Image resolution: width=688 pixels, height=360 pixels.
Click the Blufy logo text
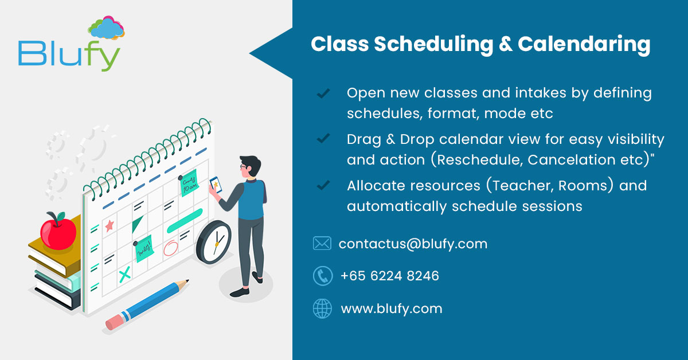[x=69, y=54]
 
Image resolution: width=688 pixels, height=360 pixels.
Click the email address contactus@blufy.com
[x=413, y=244]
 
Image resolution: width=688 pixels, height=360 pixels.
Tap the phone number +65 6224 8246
[x=389, y=276]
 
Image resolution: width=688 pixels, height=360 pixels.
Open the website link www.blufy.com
[x=392, y=309]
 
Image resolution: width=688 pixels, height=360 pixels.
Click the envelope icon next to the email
[x=322, y=244]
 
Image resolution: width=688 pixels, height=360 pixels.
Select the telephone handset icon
[x=322, y=276]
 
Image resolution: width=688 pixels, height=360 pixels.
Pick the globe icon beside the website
[x=322, y=309]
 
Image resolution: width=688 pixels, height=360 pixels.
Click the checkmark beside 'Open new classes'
[x=323, y=92]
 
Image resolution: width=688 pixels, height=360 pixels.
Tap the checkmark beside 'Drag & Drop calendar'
[x=323, y=139]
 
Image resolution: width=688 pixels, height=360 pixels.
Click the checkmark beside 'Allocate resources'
[x=323, y=185]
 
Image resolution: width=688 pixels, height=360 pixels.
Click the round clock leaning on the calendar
[x=213, y=242]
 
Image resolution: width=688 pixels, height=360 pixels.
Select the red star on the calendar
[x=109, y=225]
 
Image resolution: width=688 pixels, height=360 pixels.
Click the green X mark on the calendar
[x=124, y=276]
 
